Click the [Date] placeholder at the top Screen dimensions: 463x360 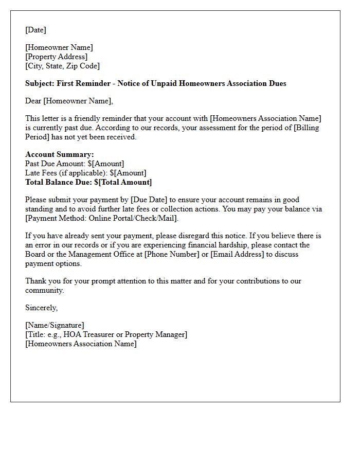click(35, 30)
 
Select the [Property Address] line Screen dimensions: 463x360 click(56, 57)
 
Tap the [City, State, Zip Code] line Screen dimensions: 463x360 click(62, 66)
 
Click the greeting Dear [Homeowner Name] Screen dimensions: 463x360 click(69, 101)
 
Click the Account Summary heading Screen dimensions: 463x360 click(60, 154)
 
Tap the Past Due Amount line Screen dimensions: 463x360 click(75, 164)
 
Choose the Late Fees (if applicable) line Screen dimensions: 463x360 click(86, 173)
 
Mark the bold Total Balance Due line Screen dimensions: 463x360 click(88, 182)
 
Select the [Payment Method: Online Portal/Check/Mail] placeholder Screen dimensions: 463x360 click(101, 218)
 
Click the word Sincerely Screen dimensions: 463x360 click(41, 308)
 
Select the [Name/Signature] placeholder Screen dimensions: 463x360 click(55, 325)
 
